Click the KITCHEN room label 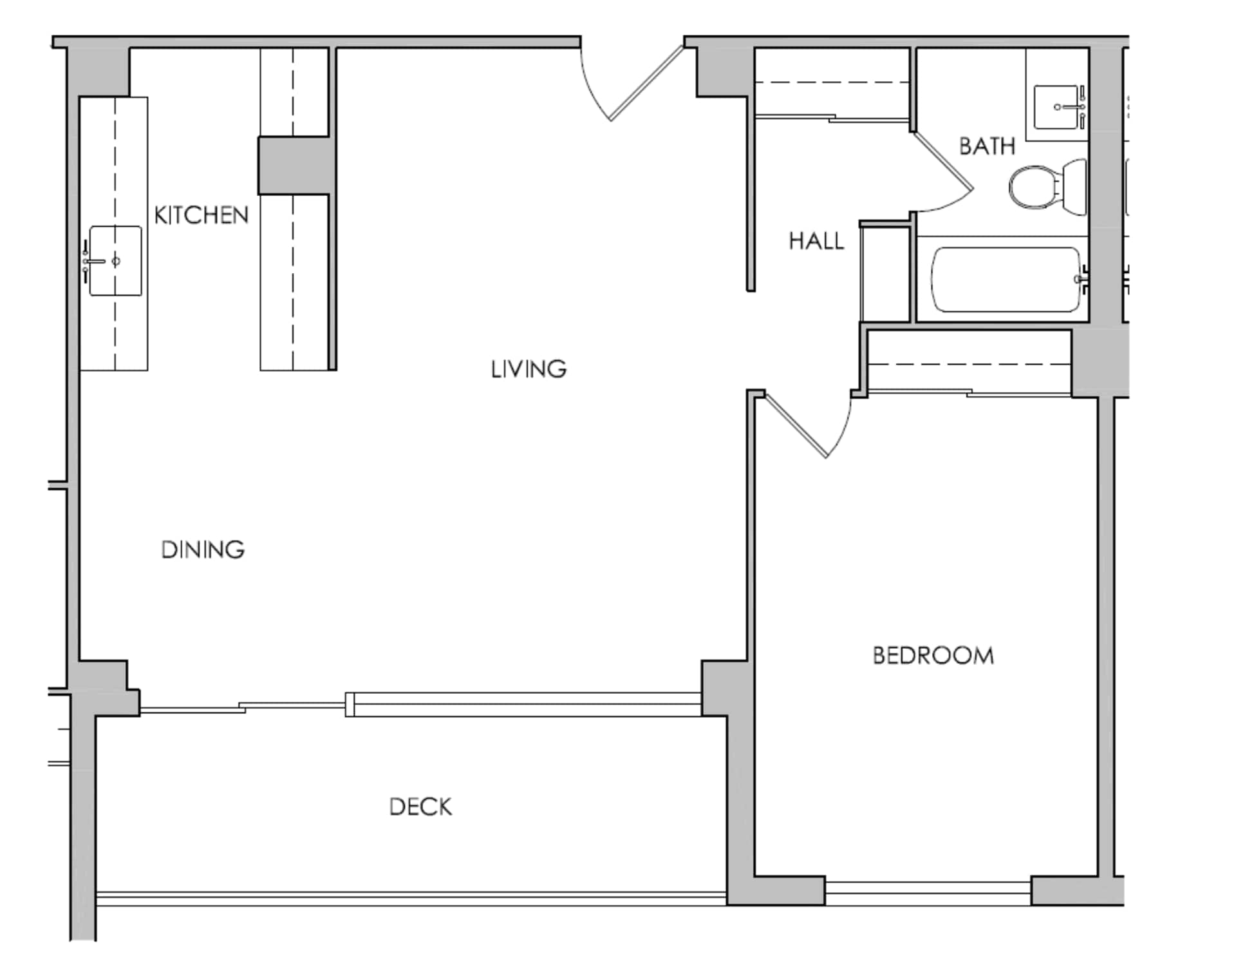click(201, 215)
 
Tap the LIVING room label click(529, 369)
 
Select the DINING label click(203, 550)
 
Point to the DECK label click(420, 807)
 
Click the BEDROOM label click(933, 656)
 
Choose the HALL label click(816, 241)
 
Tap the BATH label click(987, 146)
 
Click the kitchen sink click(115, 261)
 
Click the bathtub click(1006, 280)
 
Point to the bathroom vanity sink click(1056, 107)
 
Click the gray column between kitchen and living click(295, 166)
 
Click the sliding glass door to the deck click(418, 705)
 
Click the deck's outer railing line click(412, 895)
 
